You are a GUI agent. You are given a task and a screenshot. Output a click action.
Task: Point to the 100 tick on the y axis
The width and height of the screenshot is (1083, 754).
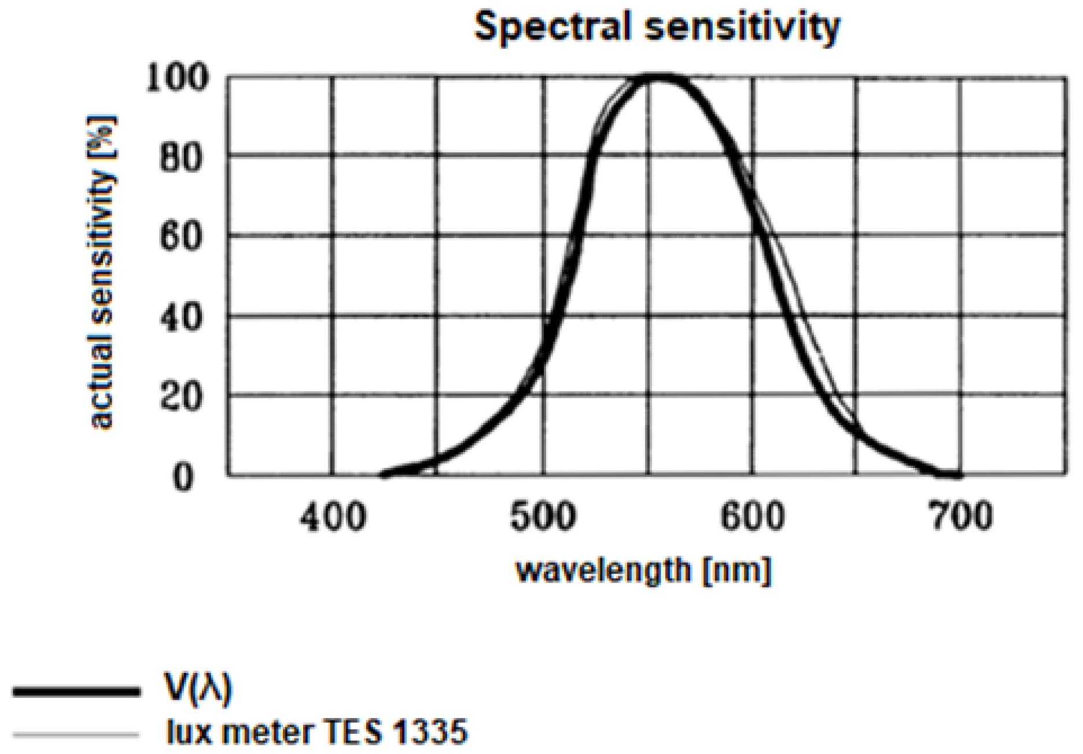pos(177,78)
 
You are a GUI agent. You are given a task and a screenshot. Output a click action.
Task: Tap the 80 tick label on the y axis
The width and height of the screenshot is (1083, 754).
pos(182,158)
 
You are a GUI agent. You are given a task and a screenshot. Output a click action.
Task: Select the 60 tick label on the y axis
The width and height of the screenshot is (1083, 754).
pos(182,237)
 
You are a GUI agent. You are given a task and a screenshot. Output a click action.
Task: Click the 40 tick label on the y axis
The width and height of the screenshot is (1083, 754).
pos(182,317)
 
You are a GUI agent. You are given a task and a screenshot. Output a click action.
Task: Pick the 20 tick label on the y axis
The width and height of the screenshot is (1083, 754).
pos(182,397)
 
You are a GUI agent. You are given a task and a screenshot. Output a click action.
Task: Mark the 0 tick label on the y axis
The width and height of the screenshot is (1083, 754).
pos(183,478)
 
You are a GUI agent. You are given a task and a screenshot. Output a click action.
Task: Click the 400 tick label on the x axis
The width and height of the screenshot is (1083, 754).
pos(333,516)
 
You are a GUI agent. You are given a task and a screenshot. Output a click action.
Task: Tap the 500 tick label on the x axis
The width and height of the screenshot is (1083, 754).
pos(543,516)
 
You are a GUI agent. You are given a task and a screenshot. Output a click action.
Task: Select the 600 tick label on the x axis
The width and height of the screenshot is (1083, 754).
pos(752,516)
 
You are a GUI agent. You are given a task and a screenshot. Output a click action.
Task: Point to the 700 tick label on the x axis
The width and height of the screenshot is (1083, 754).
pos(961,516)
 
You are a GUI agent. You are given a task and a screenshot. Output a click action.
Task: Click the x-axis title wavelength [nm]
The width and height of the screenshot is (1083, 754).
pos(643,570)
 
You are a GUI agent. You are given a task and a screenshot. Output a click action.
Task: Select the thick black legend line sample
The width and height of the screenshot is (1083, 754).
pos(76,691)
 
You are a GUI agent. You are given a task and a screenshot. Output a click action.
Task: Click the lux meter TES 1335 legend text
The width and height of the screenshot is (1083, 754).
pos(316,731)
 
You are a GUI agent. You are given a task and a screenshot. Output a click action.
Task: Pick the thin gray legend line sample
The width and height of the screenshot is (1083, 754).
pos(76,735)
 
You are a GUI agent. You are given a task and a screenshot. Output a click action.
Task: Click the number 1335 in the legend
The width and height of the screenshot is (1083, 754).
pos(430,731)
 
